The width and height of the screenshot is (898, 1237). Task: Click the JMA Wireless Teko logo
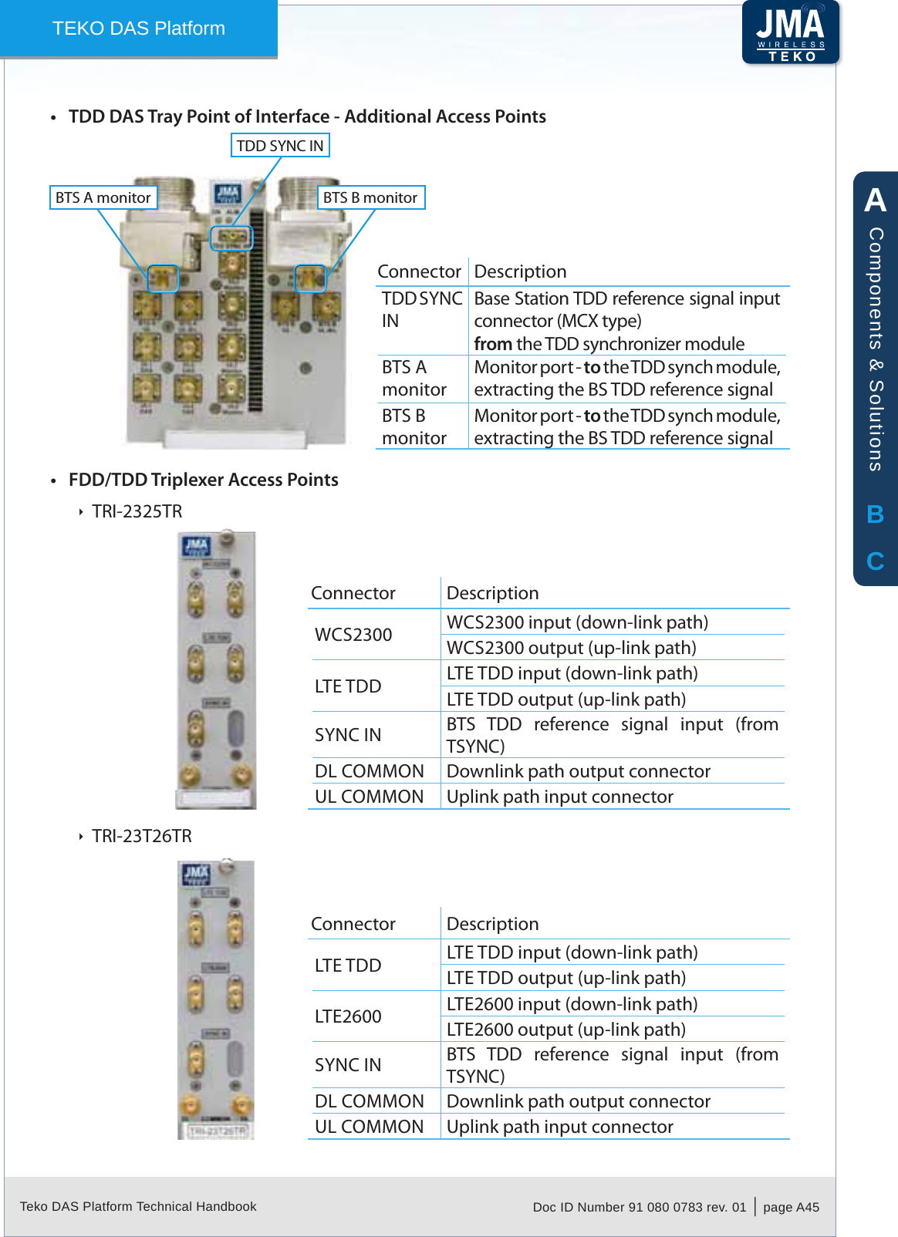tap(790, 32)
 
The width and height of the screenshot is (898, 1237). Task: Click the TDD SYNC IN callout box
tap(280, 146)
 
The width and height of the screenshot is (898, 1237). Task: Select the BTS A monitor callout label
tap(103, 197)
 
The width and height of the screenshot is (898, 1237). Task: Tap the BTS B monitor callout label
tap(370, 197)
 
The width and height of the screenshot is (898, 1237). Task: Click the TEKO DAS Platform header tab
tap(139, 29)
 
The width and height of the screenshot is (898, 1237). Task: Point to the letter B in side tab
tap(875, 514)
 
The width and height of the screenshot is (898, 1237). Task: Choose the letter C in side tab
tap(875, 561)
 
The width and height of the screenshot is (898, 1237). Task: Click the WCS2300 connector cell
tap(353, 635)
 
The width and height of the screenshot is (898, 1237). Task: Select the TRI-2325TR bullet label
tap(137, 511)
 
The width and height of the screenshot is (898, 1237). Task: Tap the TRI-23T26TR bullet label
tap(142, 836)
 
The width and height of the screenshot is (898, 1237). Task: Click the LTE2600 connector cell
tap(348, 1016)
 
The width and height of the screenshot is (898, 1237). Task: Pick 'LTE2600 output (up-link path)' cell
tap(565, 1030)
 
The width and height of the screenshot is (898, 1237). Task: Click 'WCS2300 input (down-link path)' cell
tap(577, 622)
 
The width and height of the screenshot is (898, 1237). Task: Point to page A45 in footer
tap(791, 1207)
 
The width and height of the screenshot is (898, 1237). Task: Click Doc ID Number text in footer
tap(639, 1207)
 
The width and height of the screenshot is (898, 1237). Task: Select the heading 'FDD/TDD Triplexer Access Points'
tap(204, 480)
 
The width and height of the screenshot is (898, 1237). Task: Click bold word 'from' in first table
tap(493, 344)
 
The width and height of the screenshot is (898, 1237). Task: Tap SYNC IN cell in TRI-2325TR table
tap(348, 735)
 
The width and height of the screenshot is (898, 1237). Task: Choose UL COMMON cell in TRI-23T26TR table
tap(369, 1127)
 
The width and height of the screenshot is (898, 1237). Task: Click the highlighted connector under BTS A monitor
tap(163, 278)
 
